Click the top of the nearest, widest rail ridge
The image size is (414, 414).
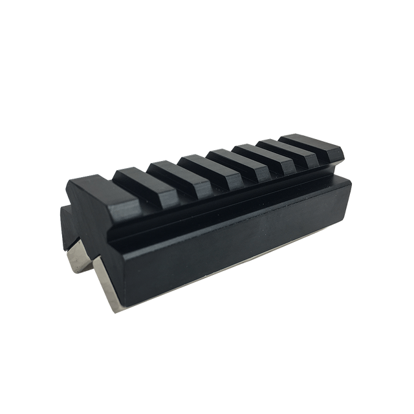coord(91,184)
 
